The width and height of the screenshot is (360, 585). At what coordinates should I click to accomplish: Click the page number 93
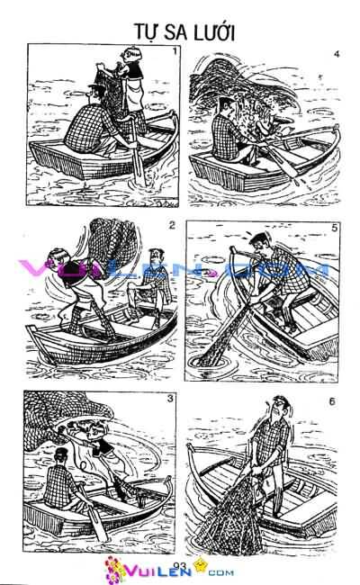[x=180, y=564]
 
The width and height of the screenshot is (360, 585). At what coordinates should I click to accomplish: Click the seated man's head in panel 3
[x=60, y=460]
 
